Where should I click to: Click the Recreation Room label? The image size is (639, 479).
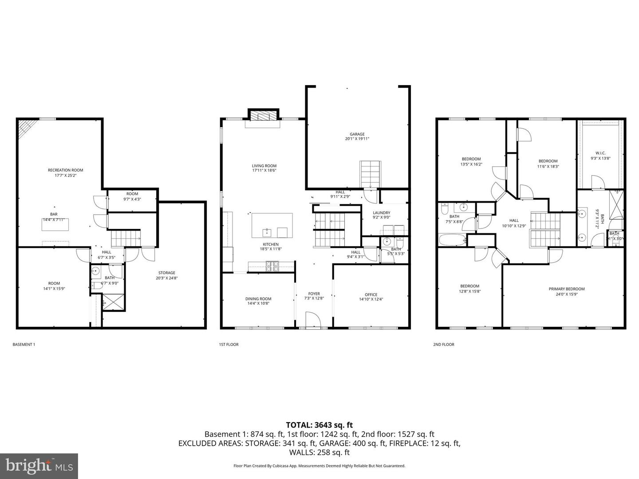(x=65, y=170)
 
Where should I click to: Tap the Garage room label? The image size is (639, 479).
(x=357, y=134)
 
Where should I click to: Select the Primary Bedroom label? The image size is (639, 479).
(x=566, y=289)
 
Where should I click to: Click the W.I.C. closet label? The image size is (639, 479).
(x=600, y=153)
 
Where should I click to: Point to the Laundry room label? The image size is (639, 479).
(x=381, y=213)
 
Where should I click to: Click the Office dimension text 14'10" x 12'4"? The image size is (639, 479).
(x=371, y=299)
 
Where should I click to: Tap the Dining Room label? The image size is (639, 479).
(x=258, y=298)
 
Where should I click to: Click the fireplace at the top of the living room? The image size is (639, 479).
(x=263, y=115)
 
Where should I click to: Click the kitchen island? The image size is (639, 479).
(x=272, y=225)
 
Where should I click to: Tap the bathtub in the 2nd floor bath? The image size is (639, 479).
(x=452, y=240)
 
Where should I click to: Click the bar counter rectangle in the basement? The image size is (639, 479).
(x=55, y=224)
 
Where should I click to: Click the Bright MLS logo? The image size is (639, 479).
(x=39, y=466)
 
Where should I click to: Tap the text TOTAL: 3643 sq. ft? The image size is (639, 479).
(x=319, y=425)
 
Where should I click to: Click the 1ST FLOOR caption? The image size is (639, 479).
(x=229, y=345)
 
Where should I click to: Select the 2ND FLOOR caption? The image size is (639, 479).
(x=443, y=345)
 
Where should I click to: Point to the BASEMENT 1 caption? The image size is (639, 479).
(x=24, y=345)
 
